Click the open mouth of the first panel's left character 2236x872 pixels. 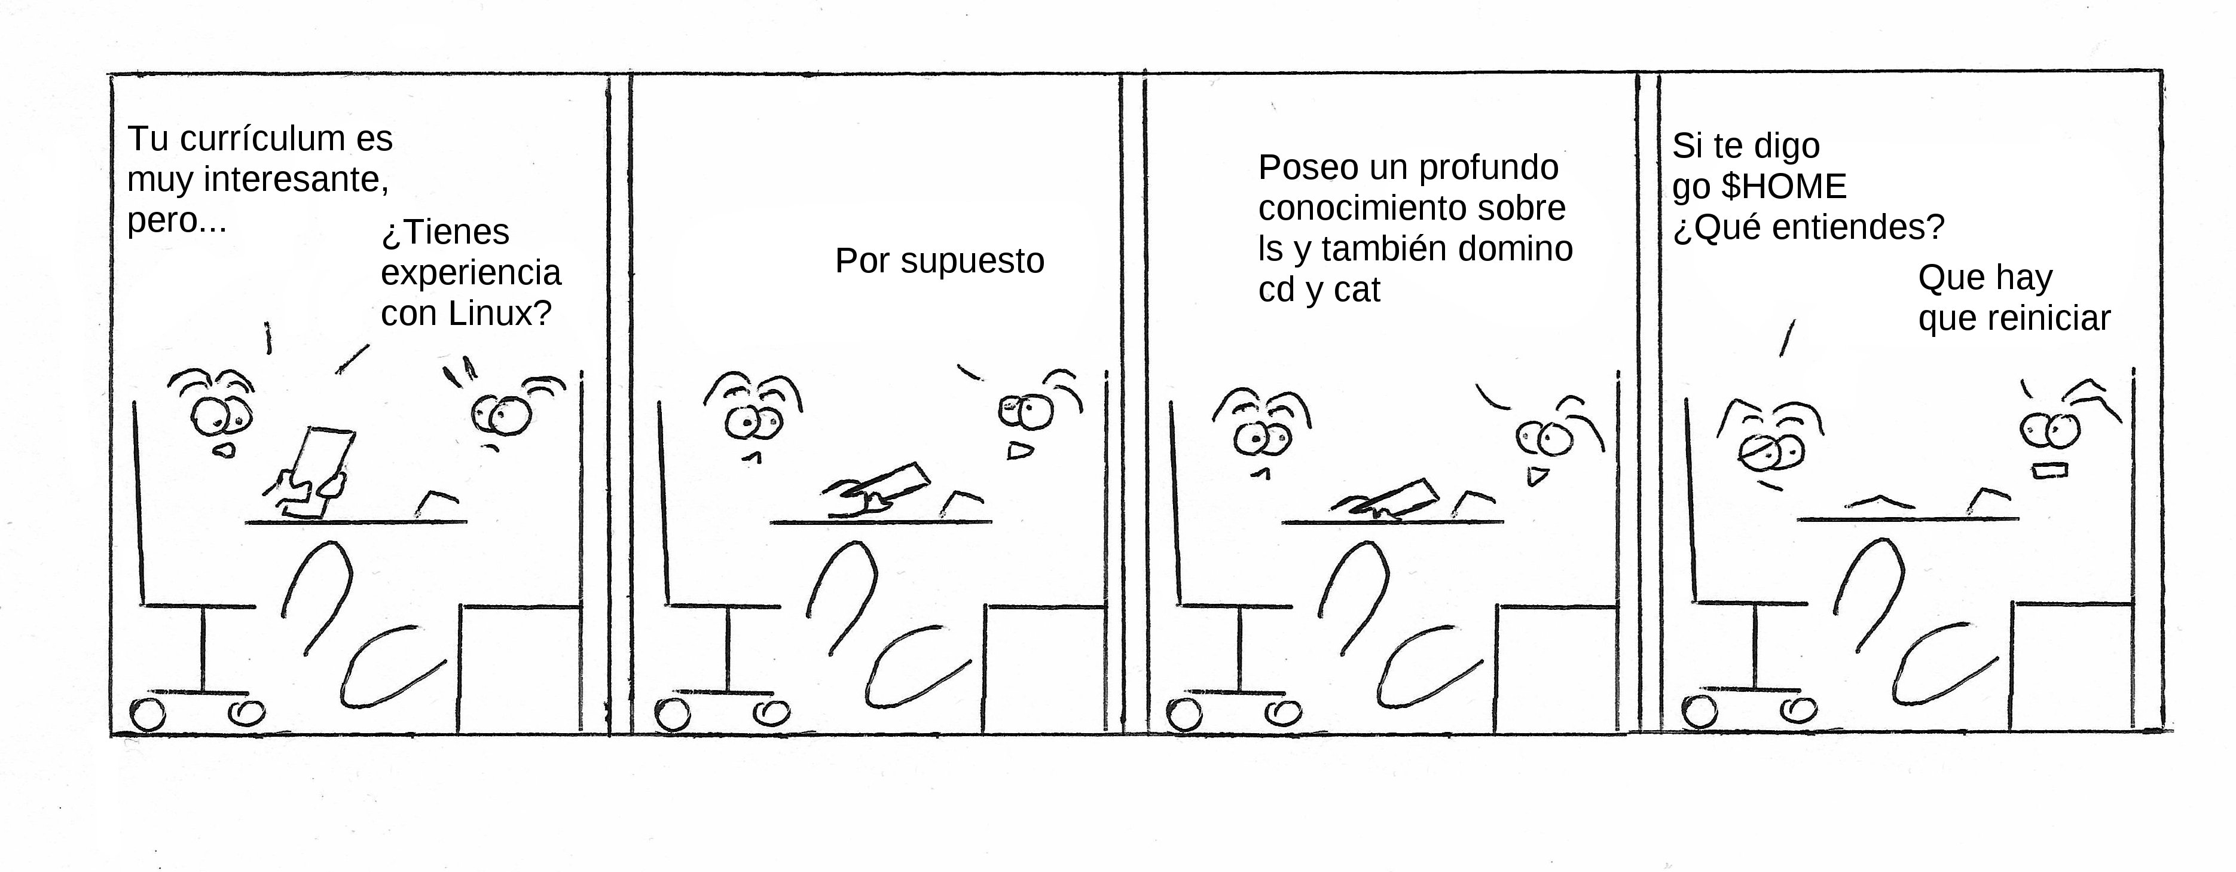click(224, 451)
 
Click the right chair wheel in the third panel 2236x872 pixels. click(1282, 713)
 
